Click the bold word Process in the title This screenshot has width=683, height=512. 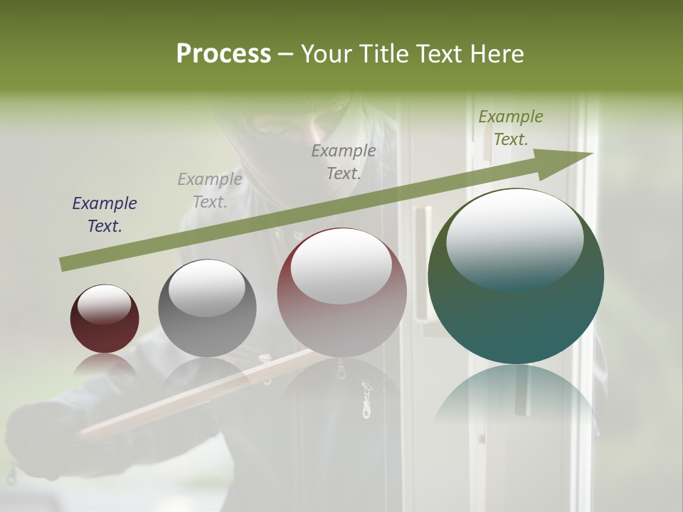pos(223,54)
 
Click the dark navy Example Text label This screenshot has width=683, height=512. pos(105,215)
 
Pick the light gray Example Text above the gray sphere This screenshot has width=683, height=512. pos(210,191)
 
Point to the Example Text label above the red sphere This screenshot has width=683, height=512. pos(344,161)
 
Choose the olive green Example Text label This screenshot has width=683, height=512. pos(510,128)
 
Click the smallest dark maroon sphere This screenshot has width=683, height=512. pos(105,319)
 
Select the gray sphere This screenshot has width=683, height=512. pos(207,308)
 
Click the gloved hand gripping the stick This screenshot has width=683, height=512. pos(43,434)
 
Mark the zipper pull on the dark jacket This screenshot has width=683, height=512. pos(367,398)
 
